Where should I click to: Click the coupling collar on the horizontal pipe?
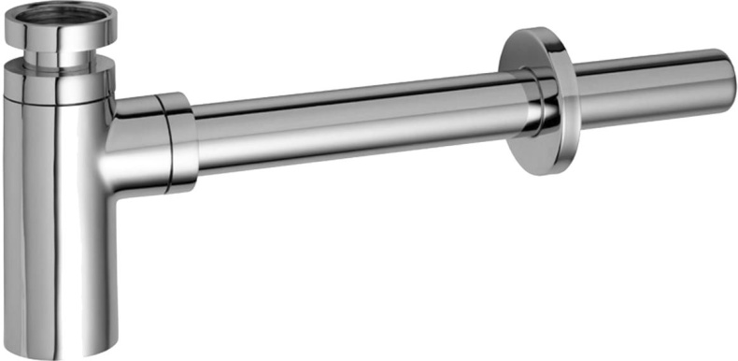click(x=177, y=140)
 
